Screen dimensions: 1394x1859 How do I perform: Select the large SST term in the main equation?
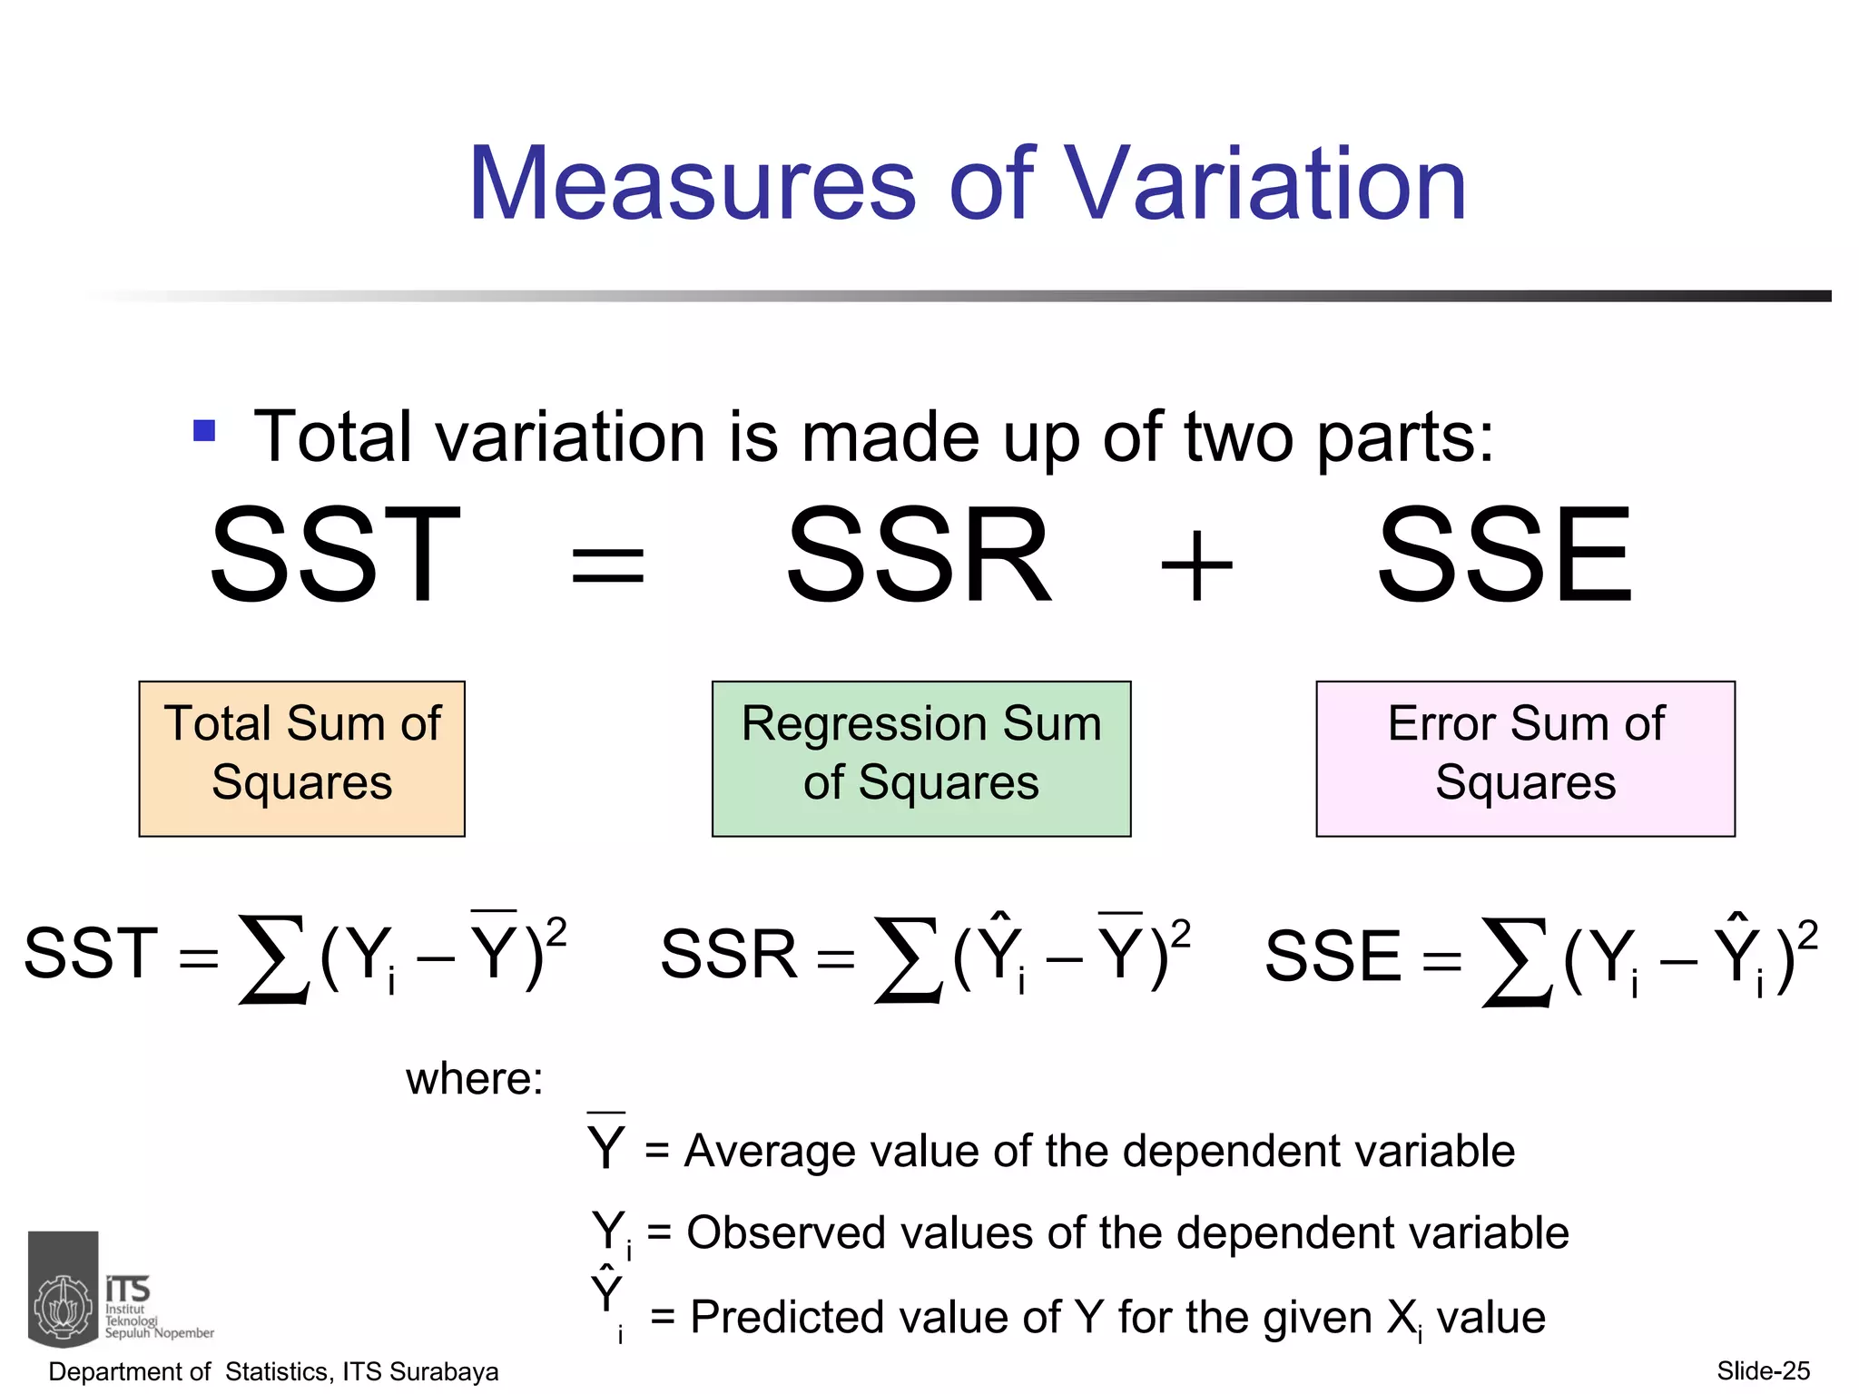(x=335, y=555)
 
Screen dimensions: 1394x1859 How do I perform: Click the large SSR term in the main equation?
(x=919, y=555)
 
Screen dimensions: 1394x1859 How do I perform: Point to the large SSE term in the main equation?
(x=1505, y=555)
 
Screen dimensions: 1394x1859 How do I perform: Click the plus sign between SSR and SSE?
(x=1197, y=566)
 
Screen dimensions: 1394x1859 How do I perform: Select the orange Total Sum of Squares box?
(x=301, y=758)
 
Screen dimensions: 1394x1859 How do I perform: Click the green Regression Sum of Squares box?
(x=920, y=758)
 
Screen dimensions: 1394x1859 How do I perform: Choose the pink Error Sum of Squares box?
(x=1525, y=758)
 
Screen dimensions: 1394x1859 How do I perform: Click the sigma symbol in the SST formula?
(x=272, y=958)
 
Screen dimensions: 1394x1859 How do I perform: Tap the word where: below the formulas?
(x=474, y=1079)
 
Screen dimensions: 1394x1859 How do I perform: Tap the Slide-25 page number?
(x=1763, y=1370)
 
